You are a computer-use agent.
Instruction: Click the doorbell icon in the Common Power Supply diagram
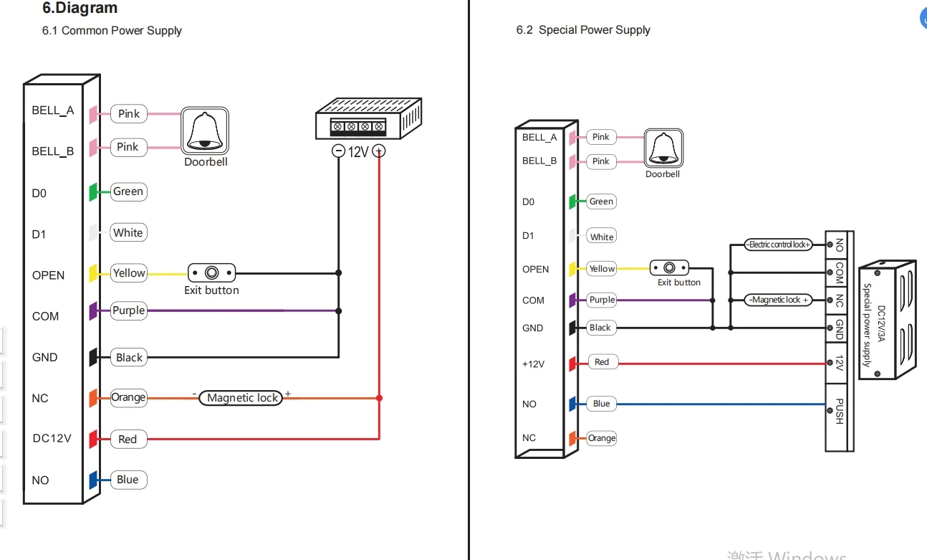click(205, 130)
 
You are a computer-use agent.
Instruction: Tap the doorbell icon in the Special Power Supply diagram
click(663, 148)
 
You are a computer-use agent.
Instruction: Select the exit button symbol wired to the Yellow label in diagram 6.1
click(211, 273)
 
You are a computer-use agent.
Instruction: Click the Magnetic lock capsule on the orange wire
click(241, 398)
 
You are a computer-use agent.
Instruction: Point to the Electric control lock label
click(779, 245)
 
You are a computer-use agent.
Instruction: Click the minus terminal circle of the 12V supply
click(338, 151)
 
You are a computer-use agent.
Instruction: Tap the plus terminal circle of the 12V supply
click(379, 151)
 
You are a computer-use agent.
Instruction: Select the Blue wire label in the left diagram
click(128, 480)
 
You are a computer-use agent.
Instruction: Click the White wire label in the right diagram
click(601, 237)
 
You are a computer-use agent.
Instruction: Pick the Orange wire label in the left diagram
click(129, 398)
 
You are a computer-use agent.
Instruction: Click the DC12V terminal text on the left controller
click(52, 438)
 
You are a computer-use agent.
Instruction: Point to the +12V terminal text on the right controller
click(534, 364)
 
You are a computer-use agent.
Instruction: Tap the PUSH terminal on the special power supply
click(839, 412)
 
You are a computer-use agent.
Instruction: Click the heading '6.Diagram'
click(80, 7)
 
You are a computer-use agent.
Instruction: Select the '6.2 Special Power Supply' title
click(583, 30)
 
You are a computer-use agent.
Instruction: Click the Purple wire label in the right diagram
click(601, 300)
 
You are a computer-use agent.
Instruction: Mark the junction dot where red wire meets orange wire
click(379, 398)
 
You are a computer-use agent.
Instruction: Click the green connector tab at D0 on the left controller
click(94, 192)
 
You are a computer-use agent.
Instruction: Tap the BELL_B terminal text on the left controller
click(52, 151)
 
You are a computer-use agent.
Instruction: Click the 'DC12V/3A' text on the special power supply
click(881, 323)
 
